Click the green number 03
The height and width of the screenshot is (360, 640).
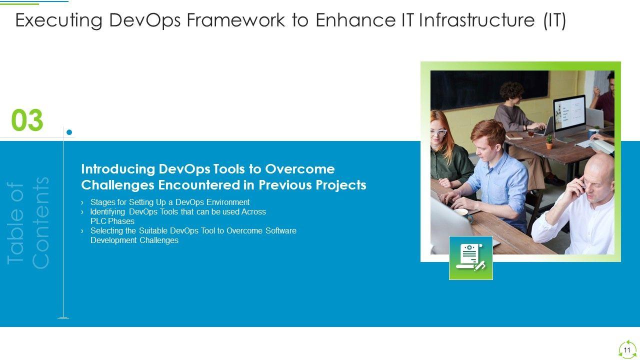27,120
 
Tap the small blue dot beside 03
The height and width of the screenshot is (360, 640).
69,132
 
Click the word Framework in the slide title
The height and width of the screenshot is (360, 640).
235,20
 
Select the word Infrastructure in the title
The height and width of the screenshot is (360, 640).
476,20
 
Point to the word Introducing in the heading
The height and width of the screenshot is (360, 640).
118,169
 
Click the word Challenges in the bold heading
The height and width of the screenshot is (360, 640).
117,185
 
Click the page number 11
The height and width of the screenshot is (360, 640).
627,350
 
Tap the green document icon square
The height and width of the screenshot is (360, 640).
471,258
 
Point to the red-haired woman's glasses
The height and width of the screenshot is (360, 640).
438,132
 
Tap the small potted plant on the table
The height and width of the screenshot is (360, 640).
549,142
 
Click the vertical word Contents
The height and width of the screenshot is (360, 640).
40,223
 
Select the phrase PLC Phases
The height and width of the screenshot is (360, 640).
112,221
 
